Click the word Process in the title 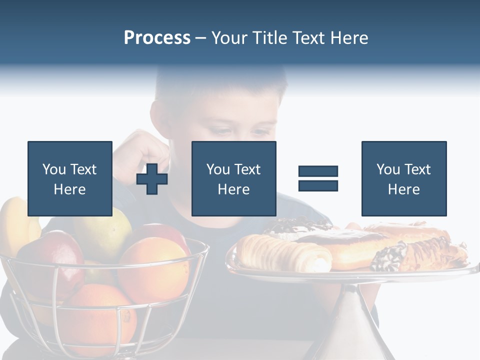point(157,38)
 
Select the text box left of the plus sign point(69,178)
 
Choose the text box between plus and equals point(233,178)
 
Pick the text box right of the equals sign point(403,178)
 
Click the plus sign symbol point(152,178)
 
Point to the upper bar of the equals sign point(318,171)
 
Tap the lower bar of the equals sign point(318,185)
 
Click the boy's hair point(220,85)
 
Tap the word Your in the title point(228,38)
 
